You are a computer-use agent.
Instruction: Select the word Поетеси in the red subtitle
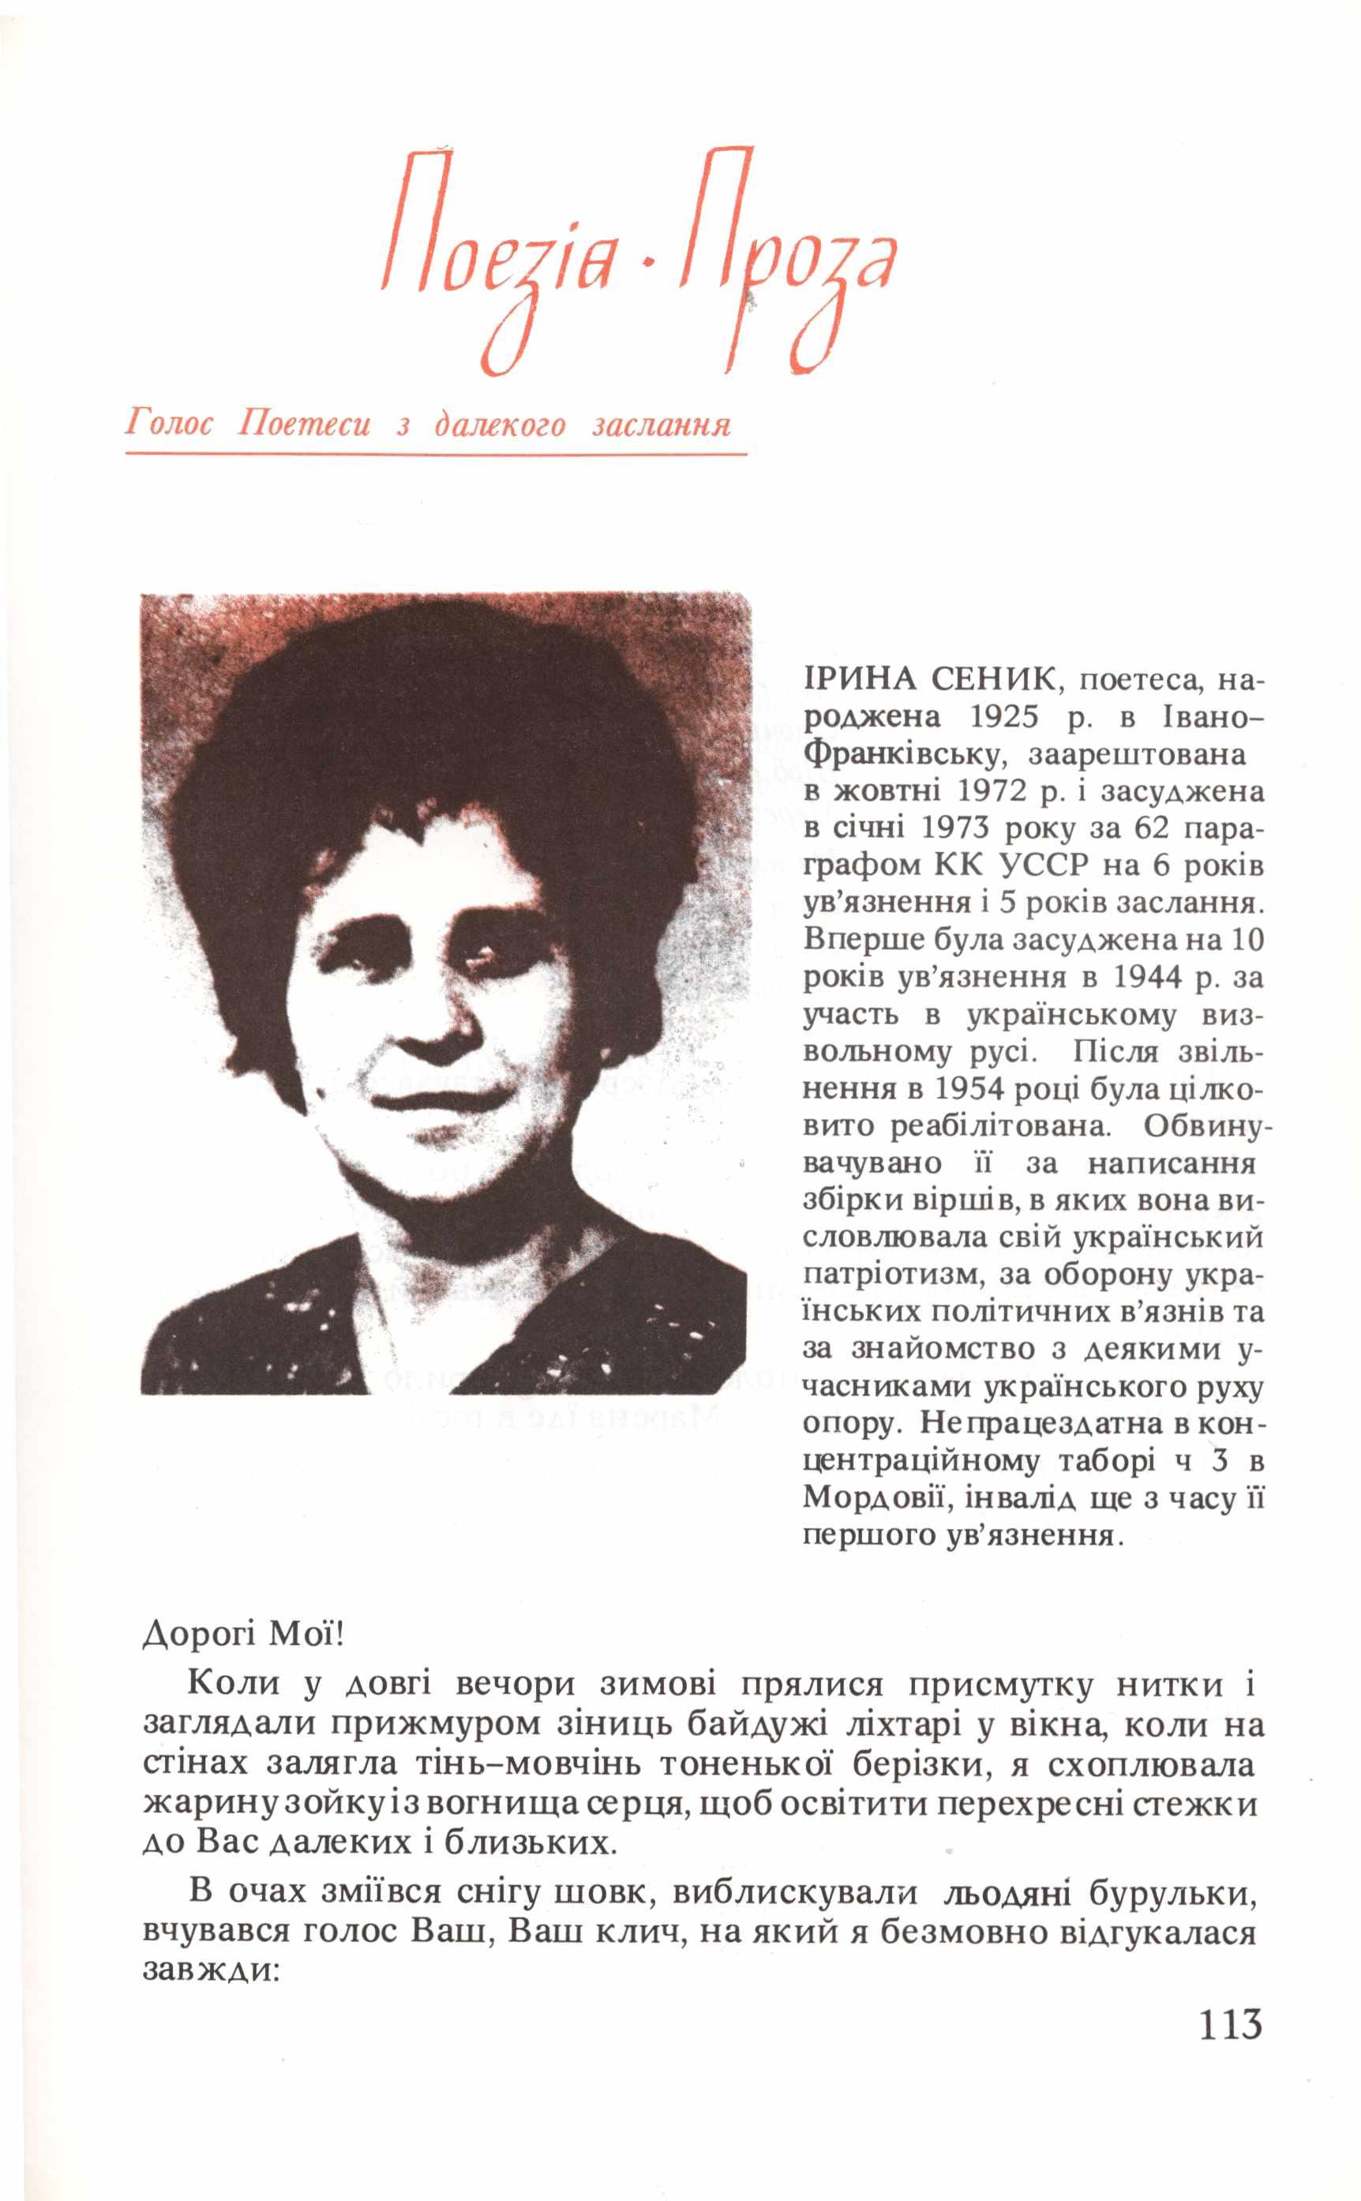pyautogui.click(x=304, y=424)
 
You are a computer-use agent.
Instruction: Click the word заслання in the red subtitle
pyautogui.click(x=662, y=424)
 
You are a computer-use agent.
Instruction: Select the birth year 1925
pyautogui.click(x=1004, y=716)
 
